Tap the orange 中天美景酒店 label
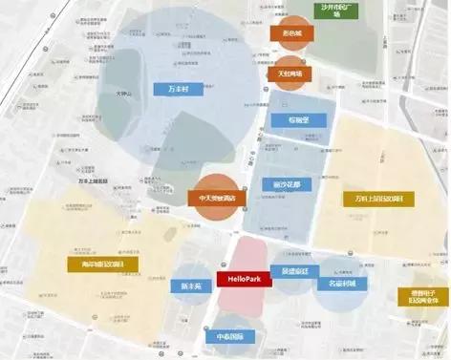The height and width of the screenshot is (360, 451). click(x=216, y=197)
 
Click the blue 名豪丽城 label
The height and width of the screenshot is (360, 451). click(x=343, y=285)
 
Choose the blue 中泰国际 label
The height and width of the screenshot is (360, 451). click(x=229, y=336)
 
